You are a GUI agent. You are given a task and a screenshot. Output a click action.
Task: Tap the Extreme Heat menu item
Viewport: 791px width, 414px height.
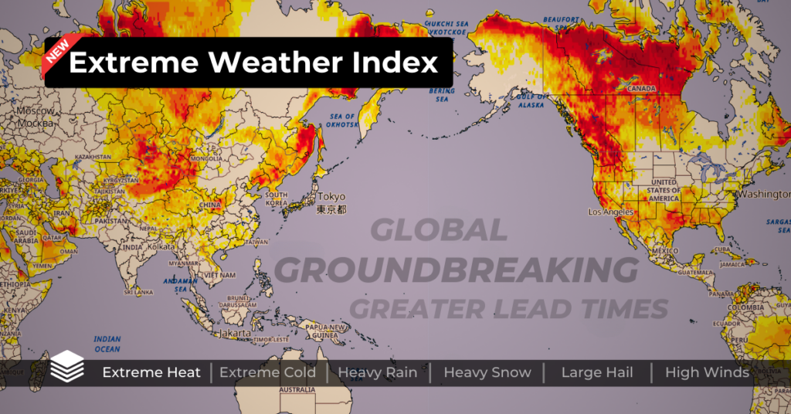tap(151, 372)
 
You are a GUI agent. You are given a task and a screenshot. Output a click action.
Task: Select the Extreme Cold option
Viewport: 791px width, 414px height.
tap(267, 372)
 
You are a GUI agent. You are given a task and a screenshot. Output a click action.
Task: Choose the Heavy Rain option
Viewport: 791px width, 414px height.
tap(378, 372)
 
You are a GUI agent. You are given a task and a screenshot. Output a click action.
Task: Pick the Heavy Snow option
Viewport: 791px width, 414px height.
tap(487, 372)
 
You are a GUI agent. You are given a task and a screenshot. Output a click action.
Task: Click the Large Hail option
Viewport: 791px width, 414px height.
tap(597, 372)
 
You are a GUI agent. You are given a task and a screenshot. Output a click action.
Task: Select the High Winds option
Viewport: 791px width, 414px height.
tap(707, 372)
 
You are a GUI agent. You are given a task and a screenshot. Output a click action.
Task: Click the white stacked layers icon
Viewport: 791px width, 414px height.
tap(68, 366)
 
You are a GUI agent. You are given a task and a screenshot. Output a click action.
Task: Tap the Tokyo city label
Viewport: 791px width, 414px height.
tap(331, 196)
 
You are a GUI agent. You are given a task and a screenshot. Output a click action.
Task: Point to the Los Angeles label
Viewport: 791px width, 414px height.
tap(610, 212)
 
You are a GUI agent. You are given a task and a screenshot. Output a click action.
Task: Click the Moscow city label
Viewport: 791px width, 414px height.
tap(35, 112)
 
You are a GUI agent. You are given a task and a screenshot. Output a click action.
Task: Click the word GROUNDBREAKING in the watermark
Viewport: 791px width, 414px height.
tap(457, 270)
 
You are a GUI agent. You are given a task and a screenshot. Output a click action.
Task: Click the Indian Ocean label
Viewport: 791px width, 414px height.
tap(107, 344)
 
